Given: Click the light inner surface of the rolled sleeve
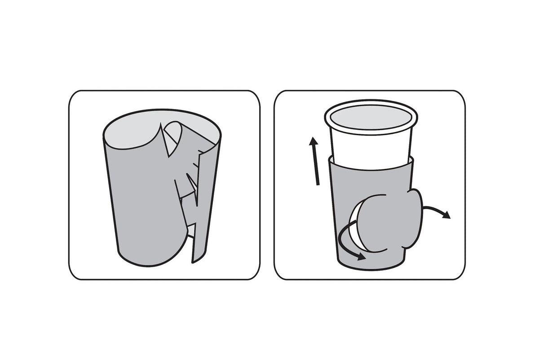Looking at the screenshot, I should coord(130,132).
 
